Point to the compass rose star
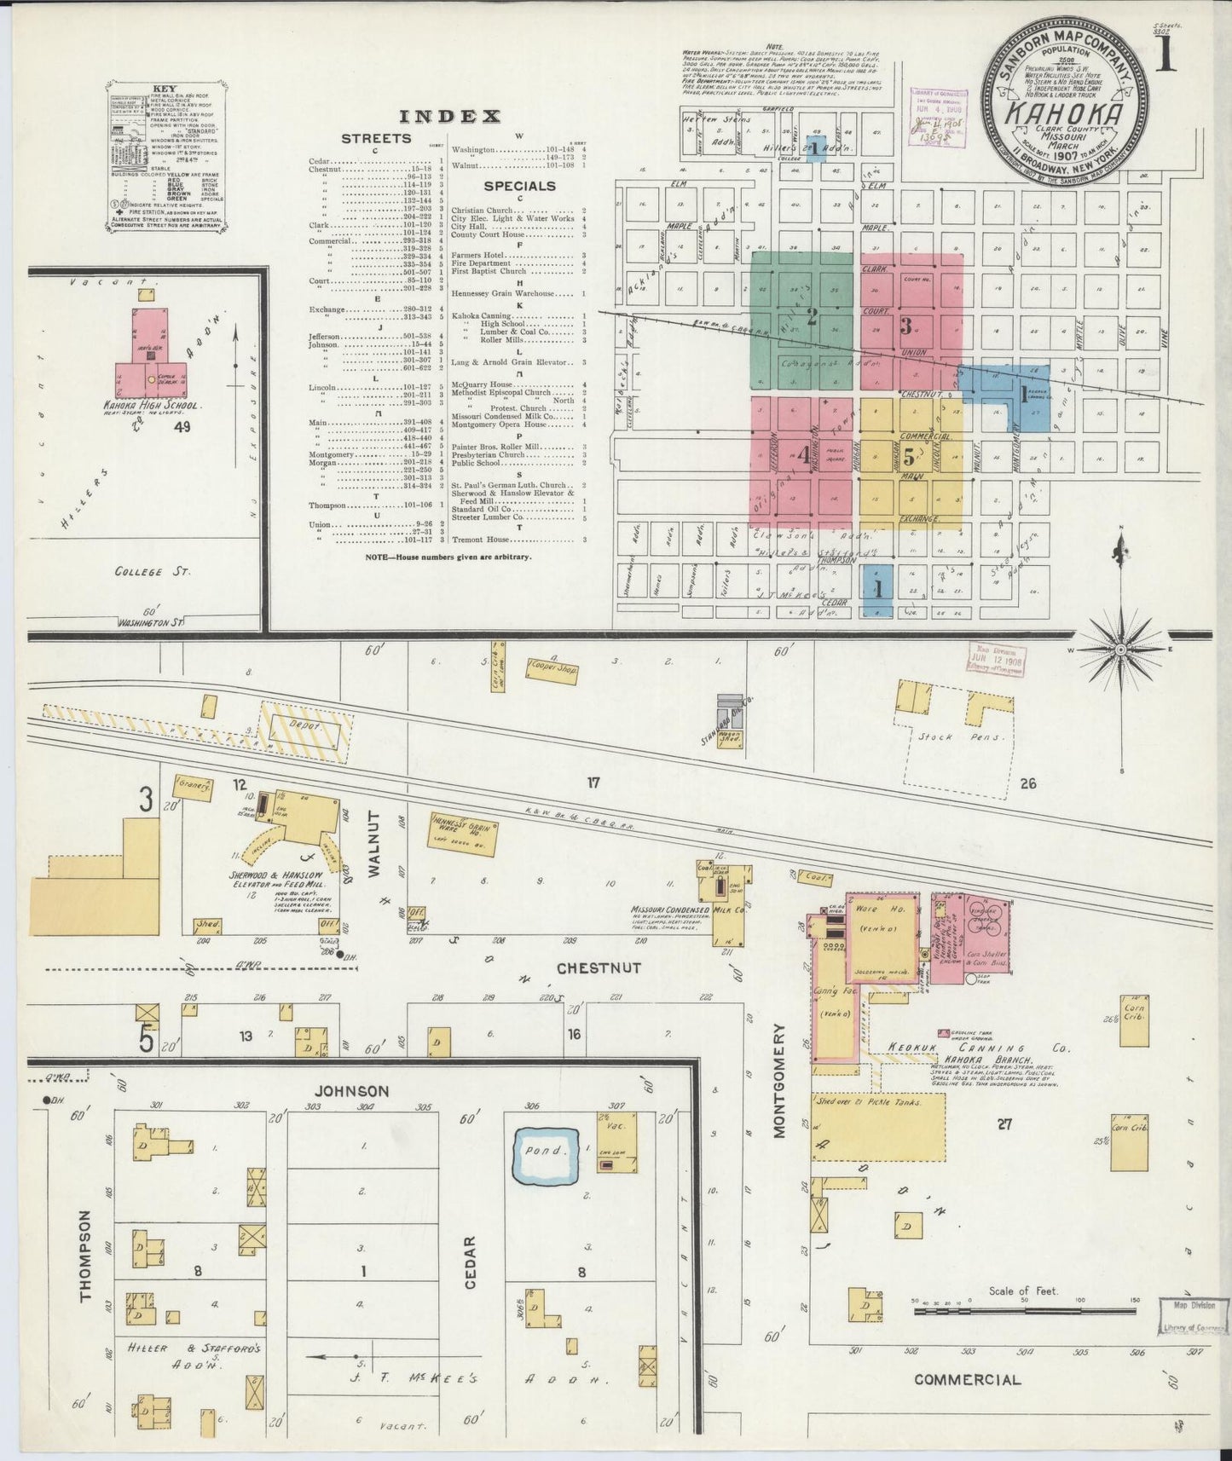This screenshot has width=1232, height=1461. pos(1119,650)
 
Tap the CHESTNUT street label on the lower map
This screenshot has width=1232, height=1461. pos(599,967)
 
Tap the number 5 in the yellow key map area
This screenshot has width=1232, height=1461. pos(909,455)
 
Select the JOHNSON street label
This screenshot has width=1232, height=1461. pos(351,1090)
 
